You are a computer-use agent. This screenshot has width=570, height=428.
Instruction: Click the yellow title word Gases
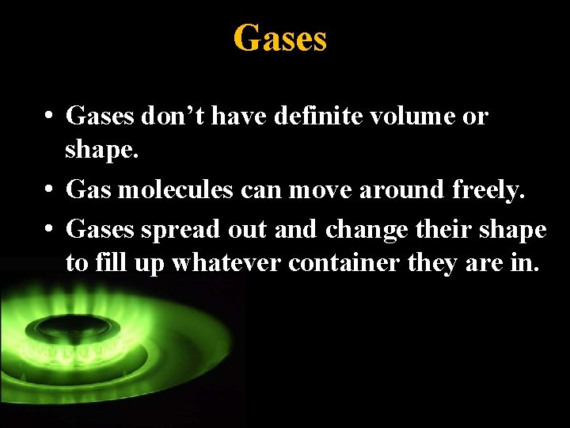(279, 37)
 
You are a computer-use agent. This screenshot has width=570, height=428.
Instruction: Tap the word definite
(315, 117)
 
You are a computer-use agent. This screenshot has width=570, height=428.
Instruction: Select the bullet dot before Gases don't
(49, 117)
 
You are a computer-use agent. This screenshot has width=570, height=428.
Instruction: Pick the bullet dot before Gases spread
(49, 230)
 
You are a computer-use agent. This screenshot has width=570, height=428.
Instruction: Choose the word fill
(113, 262)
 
